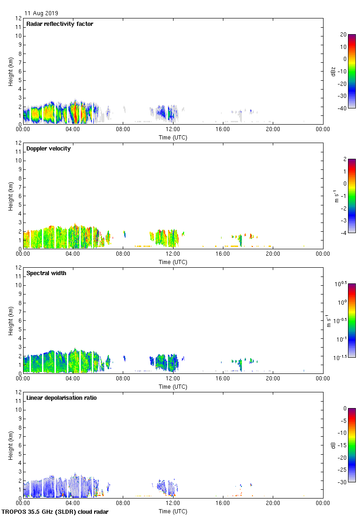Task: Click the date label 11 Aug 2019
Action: click(42, 13)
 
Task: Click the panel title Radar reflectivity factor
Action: click(60, 24)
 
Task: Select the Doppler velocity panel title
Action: click(48, 149)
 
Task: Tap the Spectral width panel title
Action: click(47, 273)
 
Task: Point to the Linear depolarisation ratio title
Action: click(61, 398)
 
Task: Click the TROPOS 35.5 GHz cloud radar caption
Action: click(55, 512)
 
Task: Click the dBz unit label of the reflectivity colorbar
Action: click(333, 71)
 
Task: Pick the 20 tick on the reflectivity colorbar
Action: click(343, 35)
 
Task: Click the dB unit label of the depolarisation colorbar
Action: click(333, 445)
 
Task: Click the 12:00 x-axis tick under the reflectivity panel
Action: click(173, 130)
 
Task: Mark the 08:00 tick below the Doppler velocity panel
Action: click(123, 254)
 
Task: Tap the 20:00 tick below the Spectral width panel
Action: click(273, 379)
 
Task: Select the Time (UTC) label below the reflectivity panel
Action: click(173, 137)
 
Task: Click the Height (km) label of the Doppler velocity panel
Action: click(11, 196)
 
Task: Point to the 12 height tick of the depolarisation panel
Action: click(18, 392)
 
